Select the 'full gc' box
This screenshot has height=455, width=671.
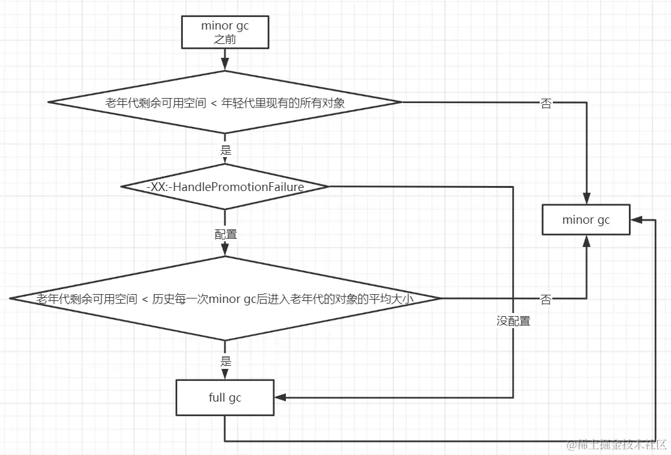pyautogui.click(x=225, y=397)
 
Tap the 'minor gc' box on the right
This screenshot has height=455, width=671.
pyautogui.click(x=586, y=219)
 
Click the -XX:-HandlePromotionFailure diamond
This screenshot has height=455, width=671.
pyautogui.click(x=225, y=187)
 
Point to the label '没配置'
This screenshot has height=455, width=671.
pyautogui.click(x=513, y=321)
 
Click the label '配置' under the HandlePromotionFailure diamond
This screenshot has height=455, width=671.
pyautogui.click(x=225, y=234)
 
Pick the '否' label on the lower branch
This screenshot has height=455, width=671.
pyautogui.click(x=546, y=300)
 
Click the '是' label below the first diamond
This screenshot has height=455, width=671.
pyautogui.click(x=225, y=151)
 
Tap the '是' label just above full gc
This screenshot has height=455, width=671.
pyautogui.click(x=225, y=362)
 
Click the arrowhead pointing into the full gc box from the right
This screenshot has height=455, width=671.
pyautogui.click(x=280, y=397)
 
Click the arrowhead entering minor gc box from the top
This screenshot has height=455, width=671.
pyautogui.click(x=586, y=199)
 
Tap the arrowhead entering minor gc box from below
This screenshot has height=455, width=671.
pyautogui.click(x=586, y=240)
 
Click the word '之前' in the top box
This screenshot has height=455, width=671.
pyautogui.click(x=225, y=39)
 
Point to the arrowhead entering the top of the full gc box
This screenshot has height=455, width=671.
pyautogui.click(x=225, y=375)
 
